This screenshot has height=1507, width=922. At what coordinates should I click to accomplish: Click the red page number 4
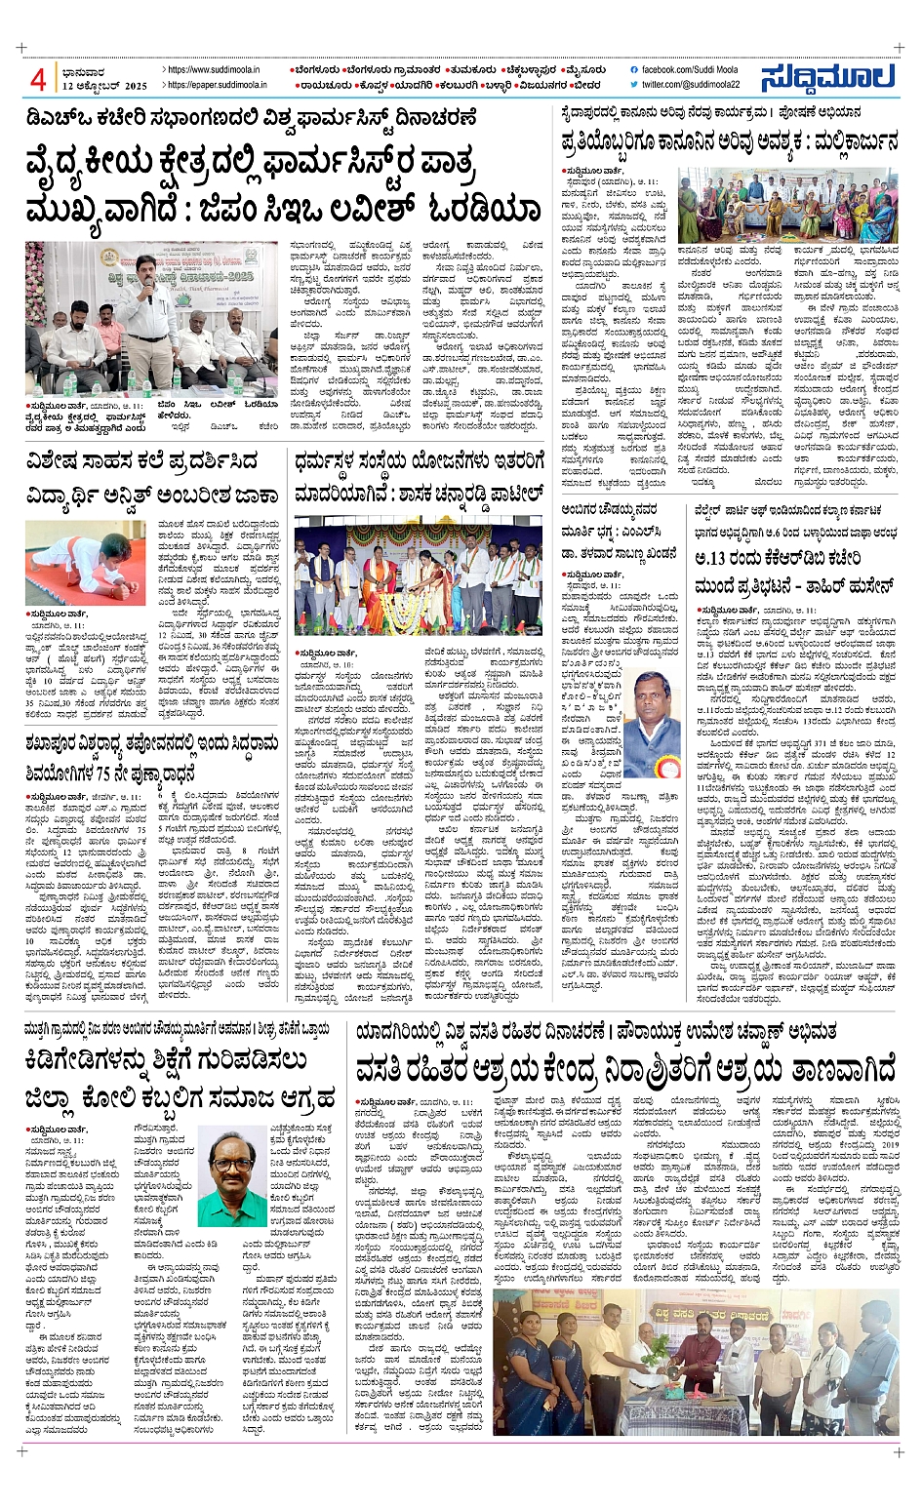(38, 78)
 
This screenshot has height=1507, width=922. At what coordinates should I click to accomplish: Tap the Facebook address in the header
(688, 70)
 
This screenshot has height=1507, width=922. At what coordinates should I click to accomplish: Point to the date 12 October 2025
(103, 86)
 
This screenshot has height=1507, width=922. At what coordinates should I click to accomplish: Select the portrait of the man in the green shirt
(238, 1172)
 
